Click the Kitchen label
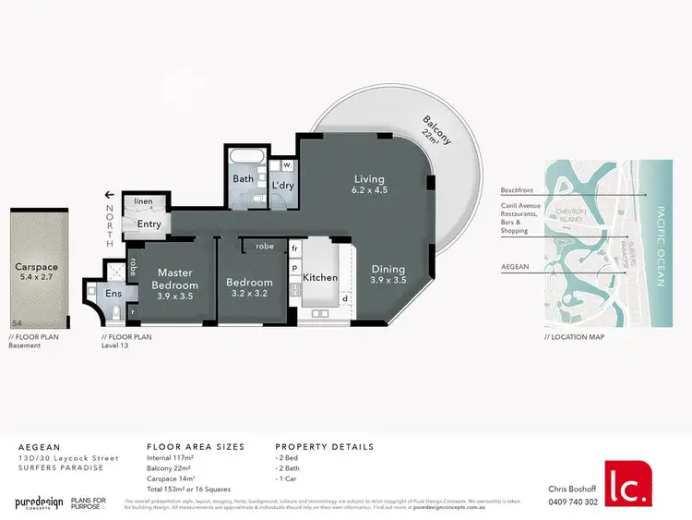(320, 277)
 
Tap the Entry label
(149, 224)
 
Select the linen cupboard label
(144, 201)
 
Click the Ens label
(113, 294)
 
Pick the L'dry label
(282, 186)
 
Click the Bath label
(244, 178)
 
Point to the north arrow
(110, 195)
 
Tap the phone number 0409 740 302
(572, 502)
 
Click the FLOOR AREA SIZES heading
(196, 446)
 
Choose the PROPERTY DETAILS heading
(325, 446)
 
